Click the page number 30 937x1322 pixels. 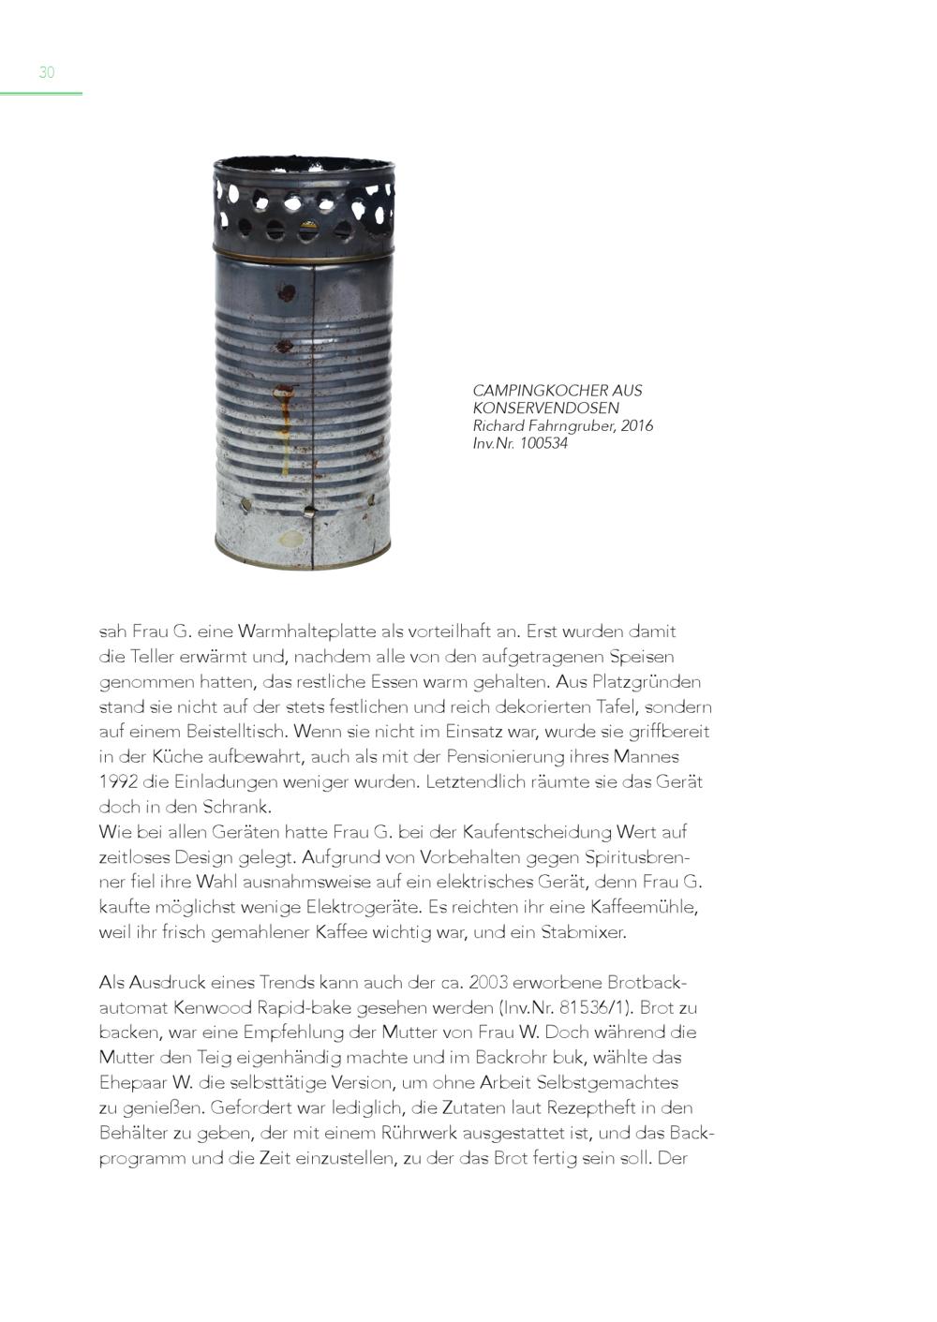[47, 72]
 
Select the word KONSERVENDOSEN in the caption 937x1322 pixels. [545, 408]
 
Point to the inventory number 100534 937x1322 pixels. [543, 443]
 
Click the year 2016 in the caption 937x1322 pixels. [636, 425]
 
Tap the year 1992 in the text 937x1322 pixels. [118, 781]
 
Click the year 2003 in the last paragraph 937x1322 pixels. [488, 983]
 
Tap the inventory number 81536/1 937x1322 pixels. [594, 1008]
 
